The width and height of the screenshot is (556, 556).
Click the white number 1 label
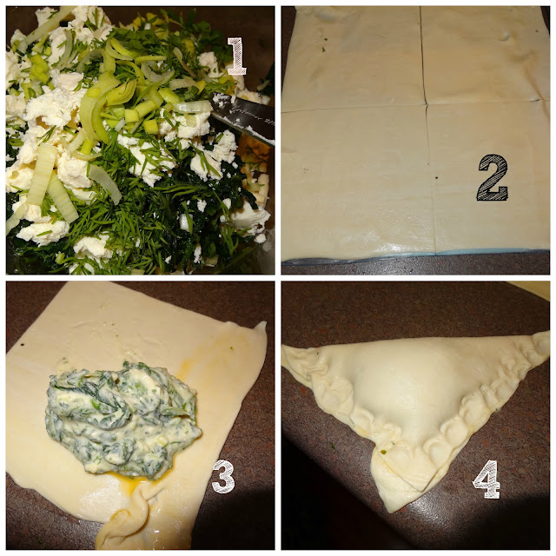[236, 56]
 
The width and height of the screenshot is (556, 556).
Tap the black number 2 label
[493, 177]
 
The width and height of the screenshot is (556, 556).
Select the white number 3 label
[223, 476]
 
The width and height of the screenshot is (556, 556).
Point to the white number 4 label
[486, 479]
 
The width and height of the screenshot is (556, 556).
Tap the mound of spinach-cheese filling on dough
[122, 419]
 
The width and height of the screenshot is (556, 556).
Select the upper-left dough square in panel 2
[353, 58]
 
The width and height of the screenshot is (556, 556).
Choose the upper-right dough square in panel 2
[484, 55]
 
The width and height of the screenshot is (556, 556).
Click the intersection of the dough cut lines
[426, 104]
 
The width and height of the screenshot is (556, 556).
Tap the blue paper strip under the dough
[415, 256]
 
